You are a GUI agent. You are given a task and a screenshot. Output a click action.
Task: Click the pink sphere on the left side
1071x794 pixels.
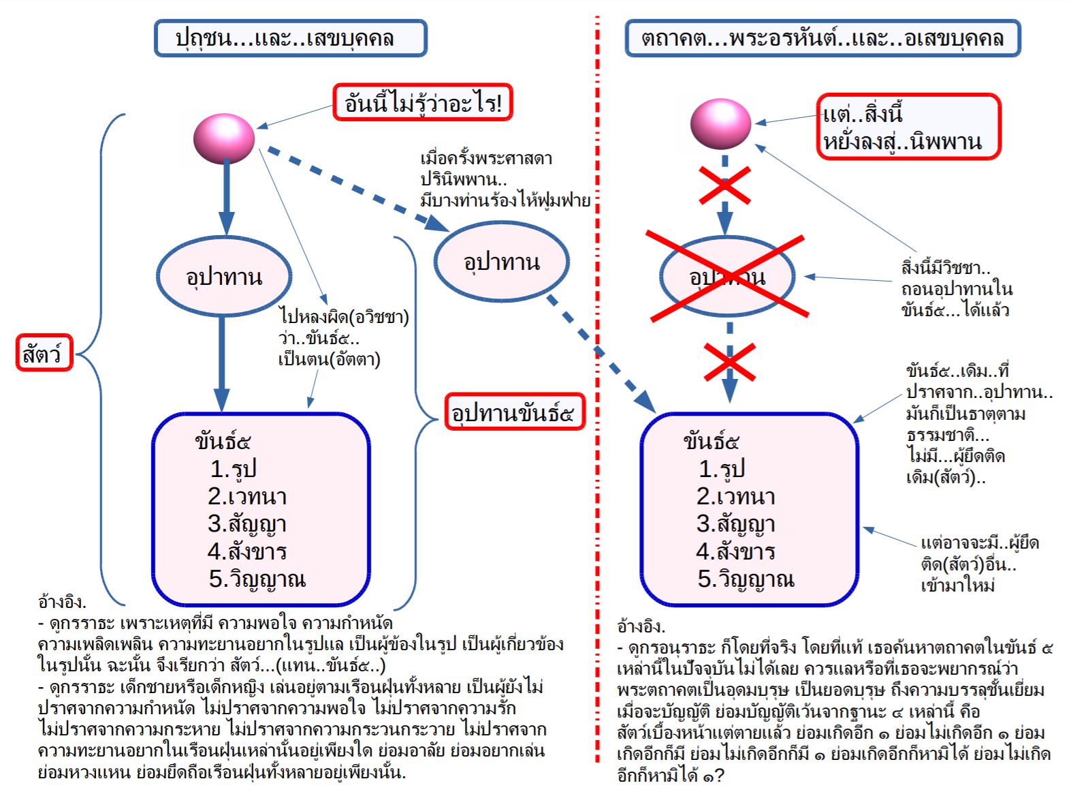tap(224, 138)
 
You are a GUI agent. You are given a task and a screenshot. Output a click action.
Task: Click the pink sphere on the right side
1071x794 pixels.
tap(720, 124)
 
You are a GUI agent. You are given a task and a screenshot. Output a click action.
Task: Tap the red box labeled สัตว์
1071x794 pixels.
tap(44, 352)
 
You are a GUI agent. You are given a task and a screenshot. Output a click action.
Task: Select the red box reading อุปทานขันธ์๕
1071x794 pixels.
tap(515, 412)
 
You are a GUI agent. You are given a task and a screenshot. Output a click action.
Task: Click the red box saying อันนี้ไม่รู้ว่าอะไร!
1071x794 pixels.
tap(423, 102)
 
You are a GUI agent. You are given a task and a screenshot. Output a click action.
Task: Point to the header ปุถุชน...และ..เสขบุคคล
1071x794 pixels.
tap(291, 37)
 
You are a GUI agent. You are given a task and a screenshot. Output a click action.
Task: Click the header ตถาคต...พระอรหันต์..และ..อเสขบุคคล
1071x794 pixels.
tap(822, 37)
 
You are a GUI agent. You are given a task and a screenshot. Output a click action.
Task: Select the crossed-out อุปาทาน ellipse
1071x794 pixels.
tap(727, 277)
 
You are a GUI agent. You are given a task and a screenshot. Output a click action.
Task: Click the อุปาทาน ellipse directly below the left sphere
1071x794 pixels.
tap(224, 277)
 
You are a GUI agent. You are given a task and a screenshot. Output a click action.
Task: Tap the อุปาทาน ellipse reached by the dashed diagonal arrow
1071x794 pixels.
tap(501, 262)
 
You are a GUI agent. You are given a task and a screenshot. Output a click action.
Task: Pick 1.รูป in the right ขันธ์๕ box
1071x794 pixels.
tap(722, 469)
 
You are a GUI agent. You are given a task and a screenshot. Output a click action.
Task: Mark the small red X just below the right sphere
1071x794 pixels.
tap(725, 185)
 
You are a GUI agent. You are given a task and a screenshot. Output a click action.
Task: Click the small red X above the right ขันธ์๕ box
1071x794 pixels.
tap(730, 362)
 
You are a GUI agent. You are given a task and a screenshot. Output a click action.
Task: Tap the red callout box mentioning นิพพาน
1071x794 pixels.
tap(908, 126)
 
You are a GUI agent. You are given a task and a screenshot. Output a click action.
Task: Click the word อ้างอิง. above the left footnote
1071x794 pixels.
tap(62, 602)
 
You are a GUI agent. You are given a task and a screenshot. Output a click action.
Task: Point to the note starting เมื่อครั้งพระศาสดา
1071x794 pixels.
tap(505, 179)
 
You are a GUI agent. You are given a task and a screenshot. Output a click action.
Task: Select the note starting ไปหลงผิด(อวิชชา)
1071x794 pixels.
tap(343, 339)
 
